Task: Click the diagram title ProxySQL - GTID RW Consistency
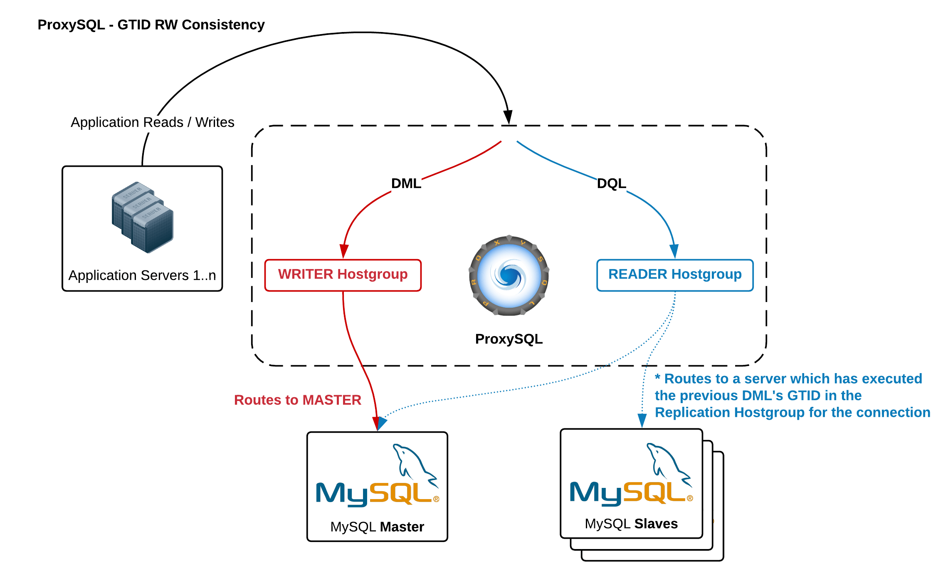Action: pyautogui.click(x=151, y=25)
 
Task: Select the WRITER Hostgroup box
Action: pyautogui.click(x=343, y=275)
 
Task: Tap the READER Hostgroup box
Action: pyautogui.click(x=674, y=275)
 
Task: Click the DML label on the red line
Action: pyautogui.click(x=406, y=183)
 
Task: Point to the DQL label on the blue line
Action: pyautogui.click(x=611, y=183)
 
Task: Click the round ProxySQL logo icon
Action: pyautogui.click(x=509, y=276)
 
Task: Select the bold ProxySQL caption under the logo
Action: pyautogui.click(x=509, y=339)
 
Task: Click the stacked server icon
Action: pyautogui.click(x=143, y=217)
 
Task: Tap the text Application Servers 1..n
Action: pyautogui.click(x=142, y=275)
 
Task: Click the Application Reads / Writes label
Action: pyautogui.click(x=152, y=122)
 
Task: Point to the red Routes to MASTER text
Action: pyautogui.click(x=298, y=400)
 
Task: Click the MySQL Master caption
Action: pyautogui.click(x=377, y=527)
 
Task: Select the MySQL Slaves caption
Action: pyautogui.click(x=631, y=524)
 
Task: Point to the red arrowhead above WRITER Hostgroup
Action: pyautogui.click(x=344, y=251)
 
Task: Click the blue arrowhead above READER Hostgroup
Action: pyautogui.click(x=674, y=251)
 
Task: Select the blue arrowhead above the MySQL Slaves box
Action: pyautogui.click(x=642, y=420)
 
